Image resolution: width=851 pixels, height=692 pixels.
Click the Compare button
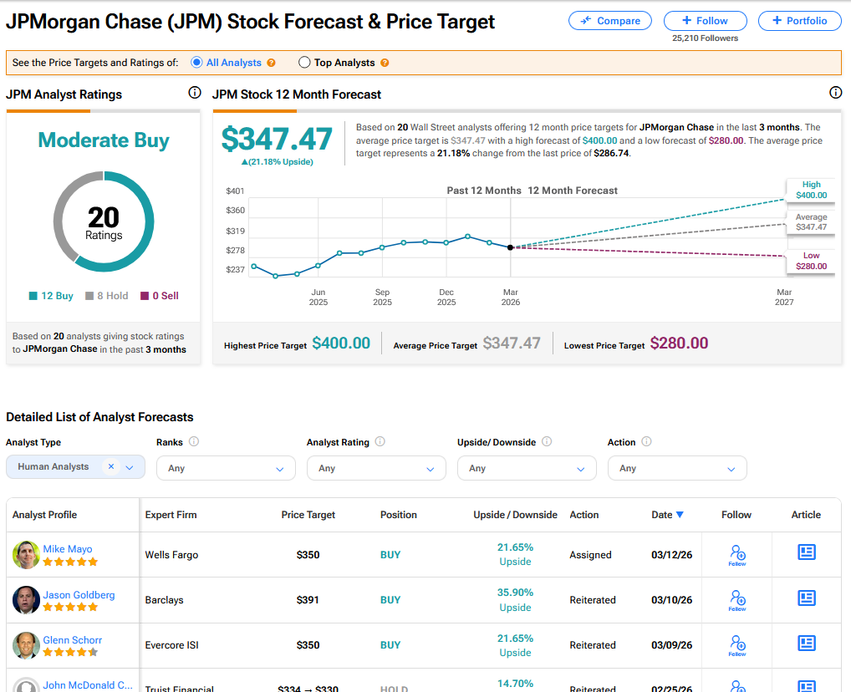point(610,21)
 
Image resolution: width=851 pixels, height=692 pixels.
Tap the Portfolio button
point(799,21)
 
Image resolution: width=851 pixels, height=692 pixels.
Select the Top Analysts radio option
point(304,63)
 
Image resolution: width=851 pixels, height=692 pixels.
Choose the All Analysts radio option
point(197,63)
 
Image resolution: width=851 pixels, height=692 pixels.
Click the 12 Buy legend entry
point(51,296)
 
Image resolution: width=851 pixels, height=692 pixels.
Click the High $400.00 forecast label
point(811,191)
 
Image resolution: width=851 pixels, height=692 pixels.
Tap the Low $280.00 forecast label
point(811,262)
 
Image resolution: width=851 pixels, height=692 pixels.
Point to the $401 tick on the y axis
point(235,191)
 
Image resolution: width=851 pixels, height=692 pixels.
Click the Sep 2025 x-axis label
point(382,297)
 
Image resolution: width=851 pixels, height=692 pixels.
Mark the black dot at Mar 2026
point(510,247)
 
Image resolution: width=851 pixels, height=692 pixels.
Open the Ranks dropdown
point(226,469)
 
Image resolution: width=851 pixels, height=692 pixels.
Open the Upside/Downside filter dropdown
point(527,469)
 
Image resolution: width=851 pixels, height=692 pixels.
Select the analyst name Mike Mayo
point(68,549)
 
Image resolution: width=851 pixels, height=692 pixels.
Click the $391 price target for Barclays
point(308,600)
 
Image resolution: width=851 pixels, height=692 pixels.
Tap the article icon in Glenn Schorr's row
point(806,643)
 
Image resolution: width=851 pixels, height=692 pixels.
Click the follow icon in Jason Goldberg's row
point(737,599)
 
